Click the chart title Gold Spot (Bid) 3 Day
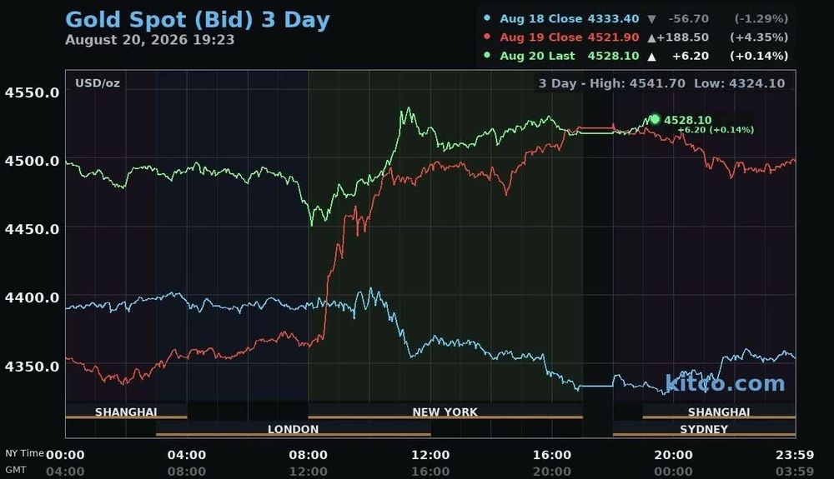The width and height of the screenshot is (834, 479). tap(198, 20)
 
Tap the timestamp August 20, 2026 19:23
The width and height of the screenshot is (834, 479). tap(149, 40)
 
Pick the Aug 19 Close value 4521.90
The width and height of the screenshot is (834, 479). tap(613, 37)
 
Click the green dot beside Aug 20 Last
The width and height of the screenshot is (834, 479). tap(487, 55)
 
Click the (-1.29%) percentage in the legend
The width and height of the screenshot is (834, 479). tap(761, 18)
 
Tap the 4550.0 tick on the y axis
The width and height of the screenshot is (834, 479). tap(32, 92)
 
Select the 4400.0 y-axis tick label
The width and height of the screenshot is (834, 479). tap(32, 297)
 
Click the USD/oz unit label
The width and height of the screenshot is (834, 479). tap(98, 83)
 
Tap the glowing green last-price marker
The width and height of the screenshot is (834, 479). tap(655, 119)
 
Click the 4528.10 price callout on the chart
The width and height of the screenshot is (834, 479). tap(688, 120)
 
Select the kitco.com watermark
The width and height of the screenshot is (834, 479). tap(725, 383)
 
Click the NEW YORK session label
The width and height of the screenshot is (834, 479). tap(445, 412)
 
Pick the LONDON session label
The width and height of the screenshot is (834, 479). tap(293, 429)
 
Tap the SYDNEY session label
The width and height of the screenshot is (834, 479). tap(704, 429)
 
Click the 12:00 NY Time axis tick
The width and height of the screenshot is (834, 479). tap(430, 455)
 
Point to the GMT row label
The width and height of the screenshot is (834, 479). tap(15, 470)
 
